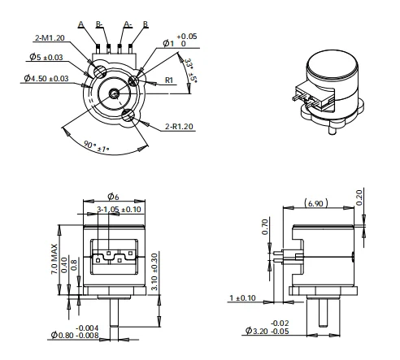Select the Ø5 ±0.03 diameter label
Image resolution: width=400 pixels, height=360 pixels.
(x=47, y=57)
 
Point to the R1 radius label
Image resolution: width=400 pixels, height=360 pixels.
(x=171, y=80)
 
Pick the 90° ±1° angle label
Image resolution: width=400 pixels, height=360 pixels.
(x=97, y=147)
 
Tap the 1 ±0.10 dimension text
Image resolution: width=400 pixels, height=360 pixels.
(x=243, y=298)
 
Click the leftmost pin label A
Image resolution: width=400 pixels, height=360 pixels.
(x=81, y=24)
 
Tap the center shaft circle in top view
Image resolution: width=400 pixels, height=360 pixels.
(x=115, y=93)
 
